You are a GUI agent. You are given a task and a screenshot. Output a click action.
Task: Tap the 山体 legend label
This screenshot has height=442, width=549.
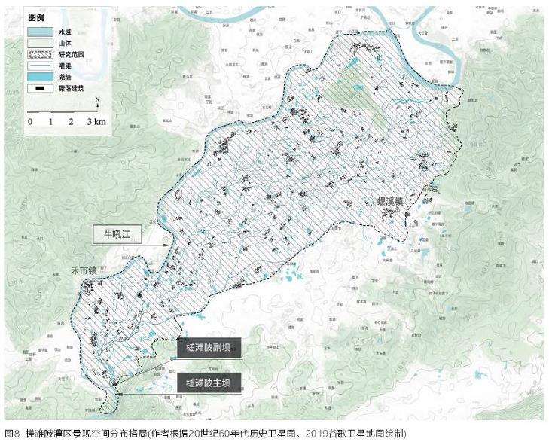66,44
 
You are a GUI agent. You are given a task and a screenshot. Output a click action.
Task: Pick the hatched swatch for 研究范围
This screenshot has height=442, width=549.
40,55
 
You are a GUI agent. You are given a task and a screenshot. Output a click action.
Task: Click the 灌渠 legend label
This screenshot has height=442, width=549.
66,66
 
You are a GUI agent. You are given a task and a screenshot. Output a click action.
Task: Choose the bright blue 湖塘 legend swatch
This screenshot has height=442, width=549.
40,77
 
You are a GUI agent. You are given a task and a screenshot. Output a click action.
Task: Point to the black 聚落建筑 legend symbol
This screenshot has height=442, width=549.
40,88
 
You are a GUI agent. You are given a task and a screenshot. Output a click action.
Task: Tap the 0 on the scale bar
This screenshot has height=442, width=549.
30,122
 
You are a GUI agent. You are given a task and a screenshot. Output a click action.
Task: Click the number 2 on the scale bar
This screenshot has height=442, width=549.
71,122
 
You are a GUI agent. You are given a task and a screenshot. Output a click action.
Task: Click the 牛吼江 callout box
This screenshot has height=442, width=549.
122,234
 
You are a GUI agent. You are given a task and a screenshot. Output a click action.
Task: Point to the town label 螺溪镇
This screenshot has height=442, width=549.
392,202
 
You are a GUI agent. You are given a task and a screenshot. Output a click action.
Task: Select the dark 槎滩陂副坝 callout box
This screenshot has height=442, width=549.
209,348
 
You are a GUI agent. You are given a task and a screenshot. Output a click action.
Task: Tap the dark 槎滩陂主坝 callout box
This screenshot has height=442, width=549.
209,383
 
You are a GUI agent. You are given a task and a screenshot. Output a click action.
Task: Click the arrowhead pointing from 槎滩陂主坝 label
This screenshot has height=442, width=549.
119,392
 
